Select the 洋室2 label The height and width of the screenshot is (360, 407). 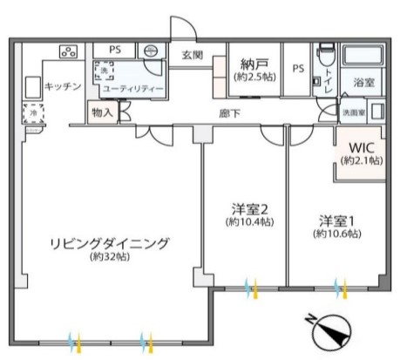(248, 208)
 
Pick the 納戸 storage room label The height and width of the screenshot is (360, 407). (252, 64)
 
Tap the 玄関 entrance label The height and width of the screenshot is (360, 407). (193, 55)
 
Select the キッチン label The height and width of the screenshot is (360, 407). (63, 85)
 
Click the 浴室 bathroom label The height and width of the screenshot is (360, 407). (363, 83)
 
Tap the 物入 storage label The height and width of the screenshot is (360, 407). (101, 112)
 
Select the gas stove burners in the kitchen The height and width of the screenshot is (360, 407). (69, 51)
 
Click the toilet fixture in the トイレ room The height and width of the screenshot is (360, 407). (325, 54)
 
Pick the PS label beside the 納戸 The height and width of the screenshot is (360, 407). (298, 70)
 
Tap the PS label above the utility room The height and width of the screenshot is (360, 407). (114, 50)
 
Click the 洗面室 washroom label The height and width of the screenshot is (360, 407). (353, 112)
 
